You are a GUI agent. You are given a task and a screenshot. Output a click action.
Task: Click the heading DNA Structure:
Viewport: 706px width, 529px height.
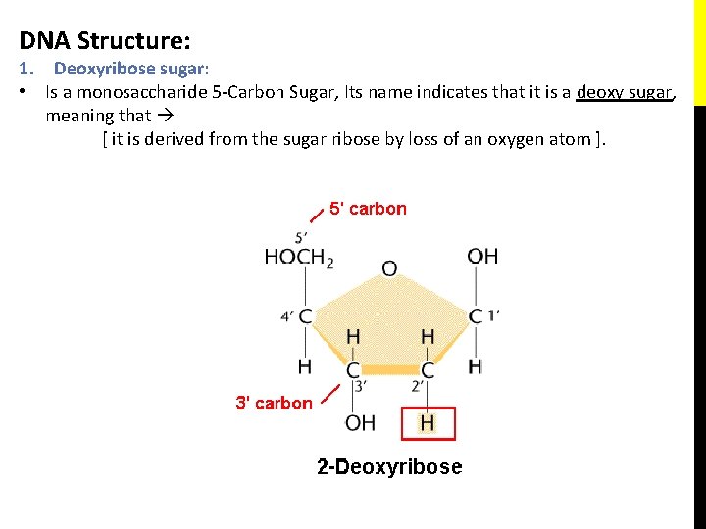point(105,41)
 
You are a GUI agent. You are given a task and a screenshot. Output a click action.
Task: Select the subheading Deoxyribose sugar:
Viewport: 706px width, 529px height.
point(132,69)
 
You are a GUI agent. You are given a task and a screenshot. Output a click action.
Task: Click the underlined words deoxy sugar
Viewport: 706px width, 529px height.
point(625,93)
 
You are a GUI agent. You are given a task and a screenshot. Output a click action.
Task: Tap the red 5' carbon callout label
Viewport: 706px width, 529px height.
point(368,208)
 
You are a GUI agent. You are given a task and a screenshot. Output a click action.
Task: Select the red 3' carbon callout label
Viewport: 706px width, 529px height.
point(274,403)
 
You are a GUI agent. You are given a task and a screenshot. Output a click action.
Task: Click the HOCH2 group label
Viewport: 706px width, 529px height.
point(299,258)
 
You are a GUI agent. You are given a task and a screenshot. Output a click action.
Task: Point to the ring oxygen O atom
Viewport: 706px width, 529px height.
point(389,267)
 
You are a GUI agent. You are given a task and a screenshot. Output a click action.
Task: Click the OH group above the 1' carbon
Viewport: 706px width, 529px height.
point(482,257)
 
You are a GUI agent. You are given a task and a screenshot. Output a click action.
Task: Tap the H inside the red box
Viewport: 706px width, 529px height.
point(428,423)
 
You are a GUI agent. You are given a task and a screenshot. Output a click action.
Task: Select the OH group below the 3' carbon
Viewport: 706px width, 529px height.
point(360,423)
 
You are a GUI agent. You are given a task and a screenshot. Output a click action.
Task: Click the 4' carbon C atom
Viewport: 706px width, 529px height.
point(305,316)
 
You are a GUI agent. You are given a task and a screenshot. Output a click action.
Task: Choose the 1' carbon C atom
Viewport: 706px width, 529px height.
point(476,316)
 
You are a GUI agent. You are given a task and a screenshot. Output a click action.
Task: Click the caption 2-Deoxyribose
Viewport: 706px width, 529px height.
point(389,467)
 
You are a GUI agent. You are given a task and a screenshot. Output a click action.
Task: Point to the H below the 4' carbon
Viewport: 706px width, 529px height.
point(305,366)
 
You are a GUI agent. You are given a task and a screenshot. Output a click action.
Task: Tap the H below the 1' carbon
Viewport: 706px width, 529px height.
point(476,366)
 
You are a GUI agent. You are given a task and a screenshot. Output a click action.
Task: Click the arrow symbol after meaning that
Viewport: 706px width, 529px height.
point(166,116)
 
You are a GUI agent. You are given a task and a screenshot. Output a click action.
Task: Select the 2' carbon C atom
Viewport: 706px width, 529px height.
point(428,370)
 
